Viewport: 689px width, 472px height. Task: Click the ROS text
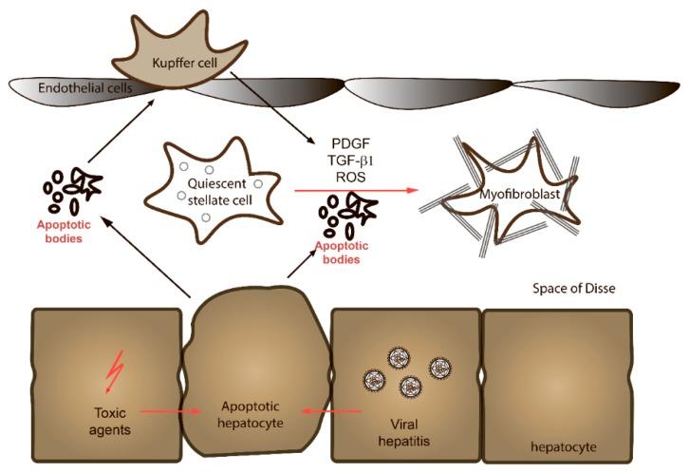point(343,177)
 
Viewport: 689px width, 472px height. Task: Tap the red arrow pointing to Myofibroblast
point(356,191)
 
